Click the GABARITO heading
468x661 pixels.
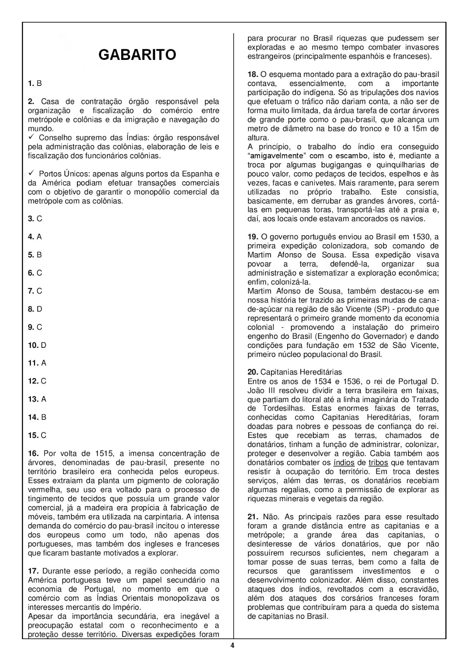coord(137,55)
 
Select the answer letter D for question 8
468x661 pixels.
coord(40,309)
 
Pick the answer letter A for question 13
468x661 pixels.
coord(43,399)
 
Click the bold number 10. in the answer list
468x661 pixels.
coord(33,345)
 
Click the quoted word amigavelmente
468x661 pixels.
coord(274,156)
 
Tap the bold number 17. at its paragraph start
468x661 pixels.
coord(33,571)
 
